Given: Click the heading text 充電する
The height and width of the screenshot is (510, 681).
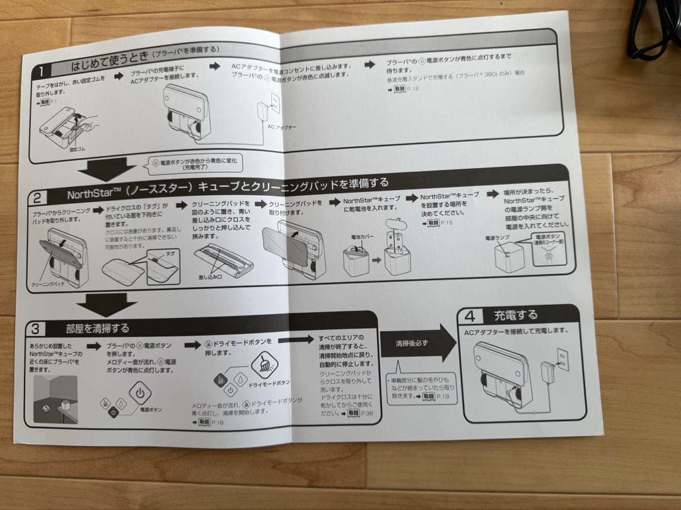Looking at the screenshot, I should click(515, 314).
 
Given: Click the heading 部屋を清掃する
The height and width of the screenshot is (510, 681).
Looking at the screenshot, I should click(97, 328).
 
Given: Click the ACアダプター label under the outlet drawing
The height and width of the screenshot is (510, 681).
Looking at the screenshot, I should click(281, 127).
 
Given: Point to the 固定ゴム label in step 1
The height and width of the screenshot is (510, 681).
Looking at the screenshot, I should click(71, 149).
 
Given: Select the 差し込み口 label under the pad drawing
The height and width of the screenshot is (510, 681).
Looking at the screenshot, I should click(211, 276).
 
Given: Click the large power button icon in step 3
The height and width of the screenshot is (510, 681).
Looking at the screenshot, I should click(140, 393).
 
